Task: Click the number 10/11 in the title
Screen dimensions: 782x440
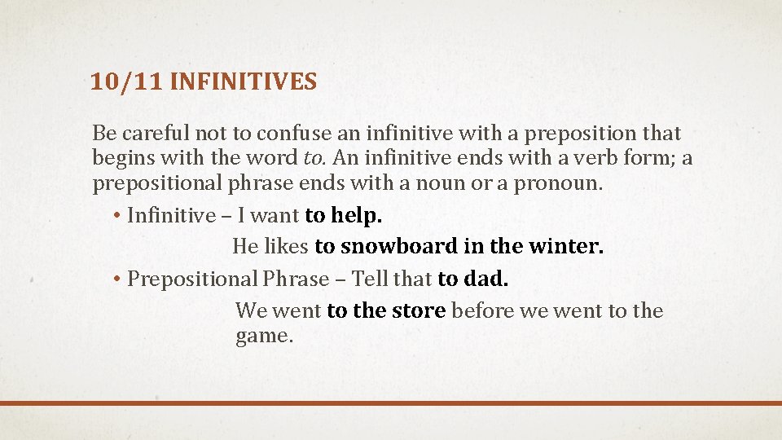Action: [126, 81]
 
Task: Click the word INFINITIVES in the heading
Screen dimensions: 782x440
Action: [244, 81]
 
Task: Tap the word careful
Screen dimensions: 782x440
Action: [156, 133]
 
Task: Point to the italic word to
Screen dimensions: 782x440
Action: [314, 157]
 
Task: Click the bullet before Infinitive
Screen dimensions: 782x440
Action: [116, 215]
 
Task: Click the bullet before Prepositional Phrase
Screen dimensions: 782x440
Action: [116, 279]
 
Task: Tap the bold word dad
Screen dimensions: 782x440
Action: [485, 279]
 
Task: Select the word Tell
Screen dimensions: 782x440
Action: [367, 279]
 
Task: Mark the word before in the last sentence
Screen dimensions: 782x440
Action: [482, 310]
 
